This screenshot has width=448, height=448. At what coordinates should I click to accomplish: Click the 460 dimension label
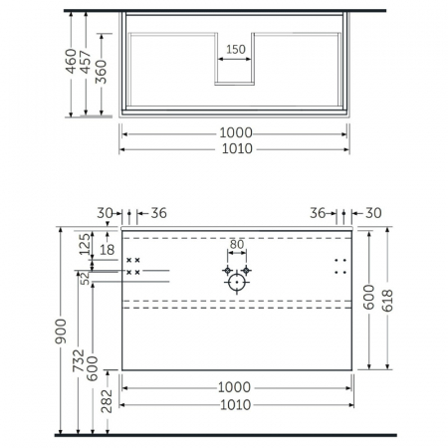click(71, 62)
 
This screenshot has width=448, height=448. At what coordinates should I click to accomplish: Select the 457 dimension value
click(86, 62)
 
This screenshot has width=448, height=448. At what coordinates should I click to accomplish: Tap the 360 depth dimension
click(101, 72)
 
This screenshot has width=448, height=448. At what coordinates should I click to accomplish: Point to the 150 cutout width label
click(236, 50)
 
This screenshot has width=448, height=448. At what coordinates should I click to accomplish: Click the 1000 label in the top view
click(236, 132)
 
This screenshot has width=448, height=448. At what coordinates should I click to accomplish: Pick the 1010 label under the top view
click(237, 148)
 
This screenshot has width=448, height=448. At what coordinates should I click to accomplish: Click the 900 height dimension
click(62, 331)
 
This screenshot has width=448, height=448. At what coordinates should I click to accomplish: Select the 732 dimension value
click(79, 360)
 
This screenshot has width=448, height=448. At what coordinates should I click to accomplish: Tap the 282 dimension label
click(107, 401)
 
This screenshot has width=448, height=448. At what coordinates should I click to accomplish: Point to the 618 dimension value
click(387, 301)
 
